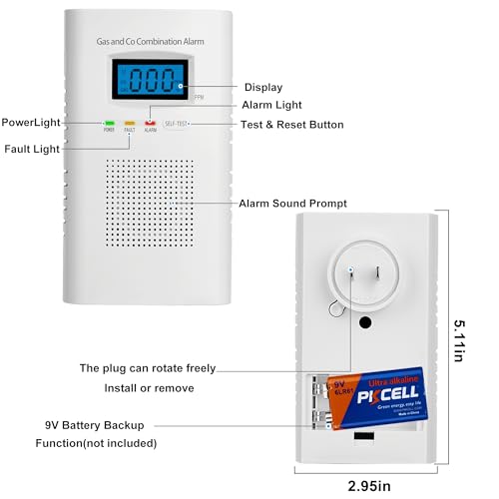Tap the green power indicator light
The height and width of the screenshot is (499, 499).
click(107, 124)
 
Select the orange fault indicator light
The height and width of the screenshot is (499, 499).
click(129, 124)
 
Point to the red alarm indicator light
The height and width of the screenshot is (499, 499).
click(151, 123)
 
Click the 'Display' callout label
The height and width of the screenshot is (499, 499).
click(262, 88)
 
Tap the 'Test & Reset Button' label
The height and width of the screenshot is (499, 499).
click(292, 125)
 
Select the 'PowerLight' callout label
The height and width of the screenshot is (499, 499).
click(34, 122)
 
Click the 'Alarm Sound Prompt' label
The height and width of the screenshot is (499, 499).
click(293, 203)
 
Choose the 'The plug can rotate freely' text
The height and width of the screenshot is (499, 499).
click(147, 368)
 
